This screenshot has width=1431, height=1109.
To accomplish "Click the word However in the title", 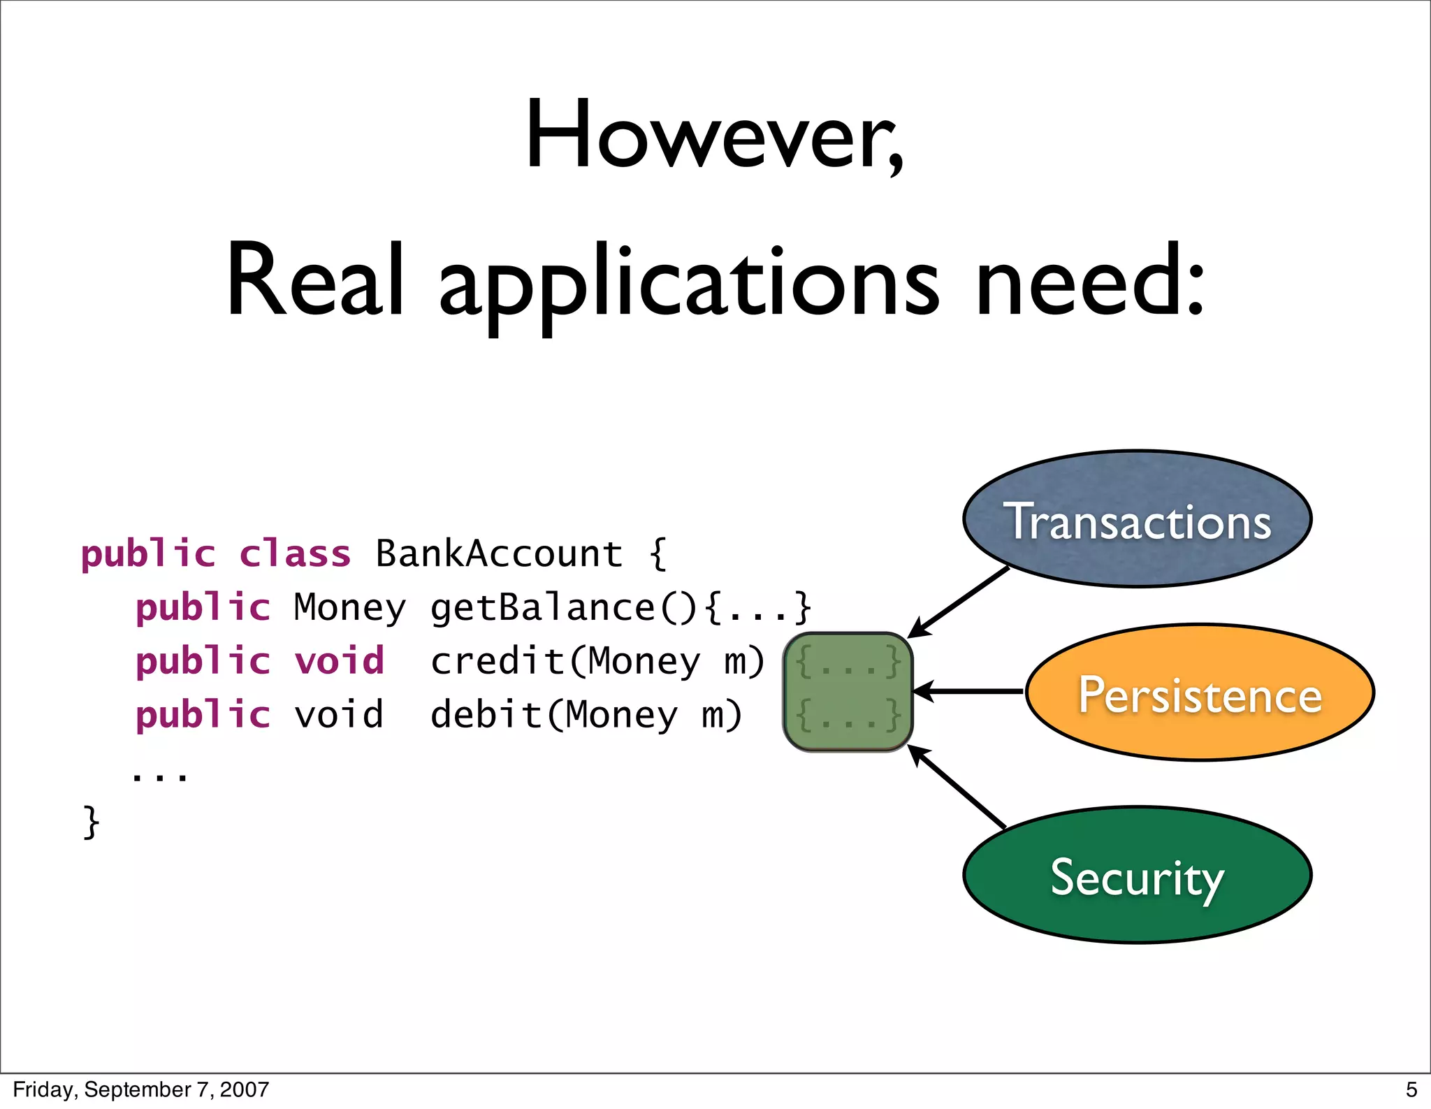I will [x=714, y=134].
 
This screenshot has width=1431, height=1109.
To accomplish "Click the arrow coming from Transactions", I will [x=959, y=602].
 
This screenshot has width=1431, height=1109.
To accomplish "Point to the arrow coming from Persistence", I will [x=968, y=691].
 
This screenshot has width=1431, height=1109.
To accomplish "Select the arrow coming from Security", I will [x=957, y=787].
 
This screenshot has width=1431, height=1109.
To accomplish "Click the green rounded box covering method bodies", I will [x=848, y=691].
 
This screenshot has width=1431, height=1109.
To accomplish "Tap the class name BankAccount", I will [x=499, y=554].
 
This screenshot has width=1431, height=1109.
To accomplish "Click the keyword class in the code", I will [x=294, y=554].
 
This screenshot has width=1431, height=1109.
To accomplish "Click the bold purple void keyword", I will [x=339, y=661].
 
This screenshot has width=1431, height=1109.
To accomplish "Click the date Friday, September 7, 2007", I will [x=140, y=1089].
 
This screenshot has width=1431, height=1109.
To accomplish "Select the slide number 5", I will [x=1411, y=1089].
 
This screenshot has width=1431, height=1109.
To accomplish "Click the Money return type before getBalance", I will [x=349, y=607].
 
